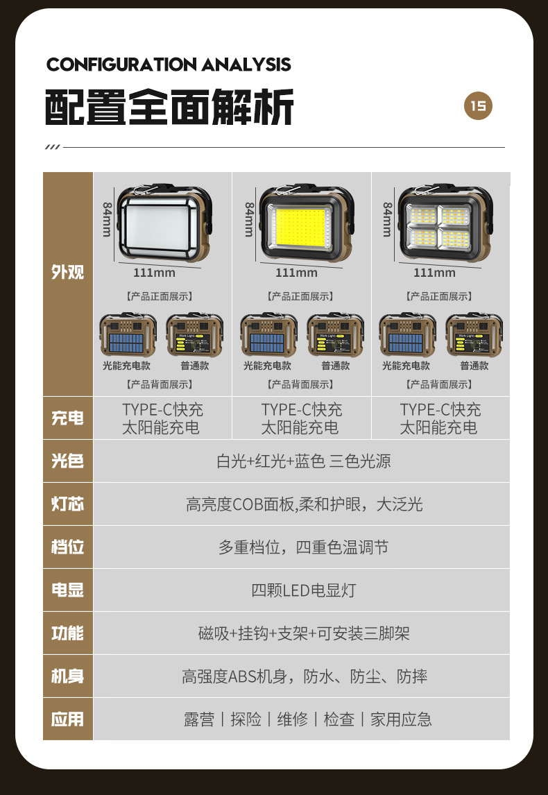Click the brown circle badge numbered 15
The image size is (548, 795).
coord(478,106)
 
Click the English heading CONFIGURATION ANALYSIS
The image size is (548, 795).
coord(169,65)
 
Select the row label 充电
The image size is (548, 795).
coord(68,418)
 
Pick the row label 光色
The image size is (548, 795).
coord(68,461)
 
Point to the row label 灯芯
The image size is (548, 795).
coord(68,504)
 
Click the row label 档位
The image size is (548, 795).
coord(68,547)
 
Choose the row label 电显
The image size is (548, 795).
coord(68,590)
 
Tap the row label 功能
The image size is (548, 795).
coord(68,633)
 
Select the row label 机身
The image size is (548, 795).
coord(68,676)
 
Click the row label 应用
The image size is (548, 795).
coord(68,719)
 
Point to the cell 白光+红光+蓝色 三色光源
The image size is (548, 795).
coord(303,461)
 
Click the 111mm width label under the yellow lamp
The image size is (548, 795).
coord(296,273)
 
